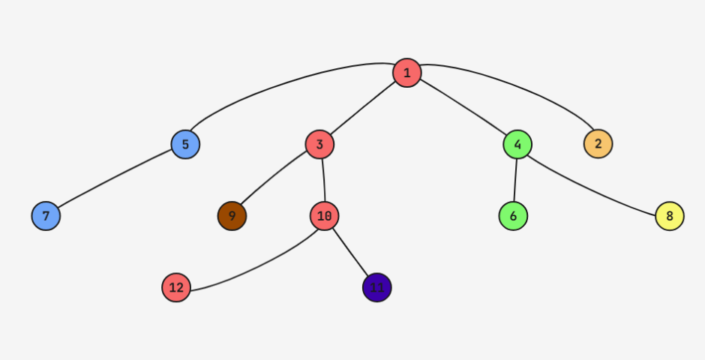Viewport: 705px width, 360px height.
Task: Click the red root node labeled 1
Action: (406, 73)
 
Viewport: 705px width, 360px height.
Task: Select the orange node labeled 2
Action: (598, 143)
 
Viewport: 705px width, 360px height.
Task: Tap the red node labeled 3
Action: (319, 144)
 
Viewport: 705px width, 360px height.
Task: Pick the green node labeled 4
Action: (517, 144)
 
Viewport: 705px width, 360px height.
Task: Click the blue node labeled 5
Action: (185, 143)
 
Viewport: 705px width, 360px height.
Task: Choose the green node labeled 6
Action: (513, 216)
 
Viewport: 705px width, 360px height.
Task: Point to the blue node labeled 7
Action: (46, 216)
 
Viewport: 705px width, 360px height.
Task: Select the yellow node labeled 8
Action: (670, 216)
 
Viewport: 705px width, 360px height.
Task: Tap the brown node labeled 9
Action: (232, 216)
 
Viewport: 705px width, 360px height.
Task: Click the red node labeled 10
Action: (324, 216)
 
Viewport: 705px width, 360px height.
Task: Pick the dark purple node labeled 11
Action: (376, 287)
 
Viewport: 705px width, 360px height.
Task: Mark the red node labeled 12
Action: (176, 287)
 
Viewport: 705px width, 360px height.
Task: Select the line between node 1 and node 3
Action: (363, 108)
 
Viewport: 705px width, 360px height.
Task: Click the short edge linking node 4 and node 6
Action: (515, 180)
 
